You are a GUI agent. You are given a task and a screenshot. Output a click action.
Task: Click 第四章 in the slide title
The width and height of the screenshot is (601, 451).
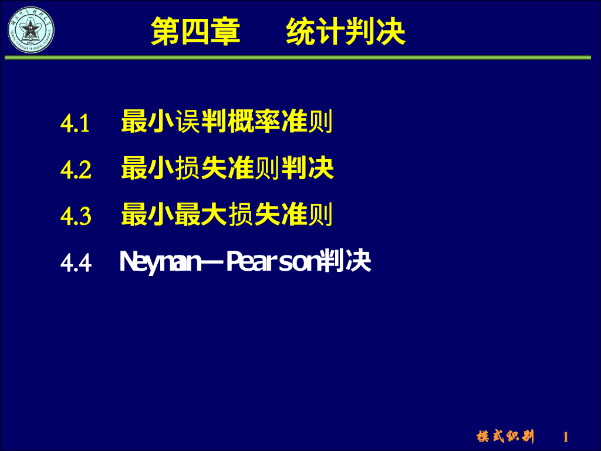click(195, 32)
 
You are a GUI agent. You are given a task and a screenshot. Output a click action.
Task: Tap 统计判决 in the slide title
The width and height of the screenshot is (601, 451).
click(346, 32)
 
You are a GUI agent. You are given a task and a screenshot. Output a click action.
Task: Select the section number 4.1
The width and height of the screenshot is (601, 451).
click(75, 123)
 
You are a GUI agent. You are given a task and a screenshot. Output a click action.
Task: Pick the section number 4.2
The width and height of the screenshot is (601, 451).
click(76, 170)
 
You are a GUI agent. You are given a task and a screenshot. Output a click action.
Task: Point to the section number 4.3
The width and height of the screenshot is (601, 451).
click(76, 217)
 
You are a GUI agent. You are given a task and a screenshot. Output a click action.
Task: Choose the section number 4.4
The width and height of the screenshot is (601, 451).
click(76, 263)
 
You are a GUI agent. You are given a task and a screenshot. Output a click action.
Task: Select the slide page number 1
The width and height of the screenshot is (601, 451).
click(566, 437)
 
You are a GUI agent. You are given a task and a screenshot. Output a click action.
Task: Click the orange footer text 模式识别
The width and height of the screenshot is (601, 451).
click(505, 436)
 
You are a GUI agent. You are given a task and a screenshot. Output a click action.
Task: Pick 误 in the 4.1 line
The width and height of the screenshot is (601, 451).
click(188, 122)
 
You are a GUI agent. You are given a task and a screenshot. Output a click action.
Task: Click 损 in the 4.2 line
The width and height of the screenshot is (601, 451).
click(188, 169)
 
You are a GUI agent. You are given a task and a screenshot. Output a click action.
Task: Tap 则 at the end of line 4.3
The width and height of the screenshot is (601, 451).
click(321, 216)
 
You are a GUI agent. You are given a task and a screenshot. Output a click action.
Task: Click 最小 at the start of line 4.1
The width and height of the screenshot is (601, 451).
click(147, 122)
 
